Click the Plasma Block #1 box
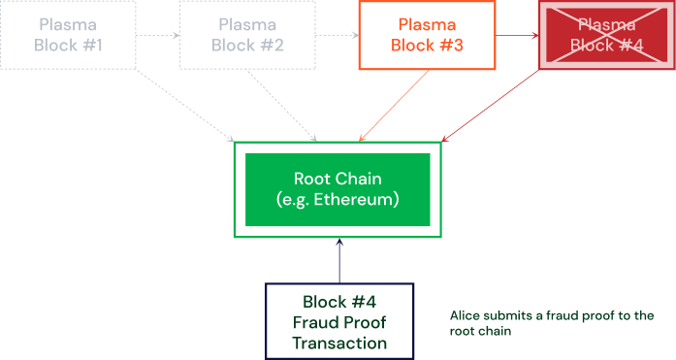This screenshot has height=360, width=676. click(x=68, y=35)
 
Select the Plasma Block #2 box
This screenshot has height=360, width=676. click(x=247, y=35)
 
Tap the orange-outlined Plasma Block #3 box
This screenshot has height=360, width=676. click(x=427, y=35)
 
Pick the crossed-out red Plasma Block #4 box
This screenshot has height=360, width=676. click(x=606, y=35)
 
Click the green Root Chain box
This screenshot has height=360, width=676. click(x=337, y=189)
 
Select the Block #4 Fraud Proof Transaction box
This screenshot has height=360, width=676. click(x=339, y=320)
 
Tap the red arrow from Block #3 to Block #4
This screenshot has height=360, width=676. click(x=516, y=36)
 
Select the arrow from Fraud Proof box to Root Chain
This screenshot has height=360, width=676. click(x=339, y=260)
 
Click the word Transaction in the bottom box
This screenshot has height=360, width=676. click(x=339, y=343)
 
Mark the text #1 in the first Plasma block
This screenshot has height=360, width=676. click(x=92, y=45)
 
